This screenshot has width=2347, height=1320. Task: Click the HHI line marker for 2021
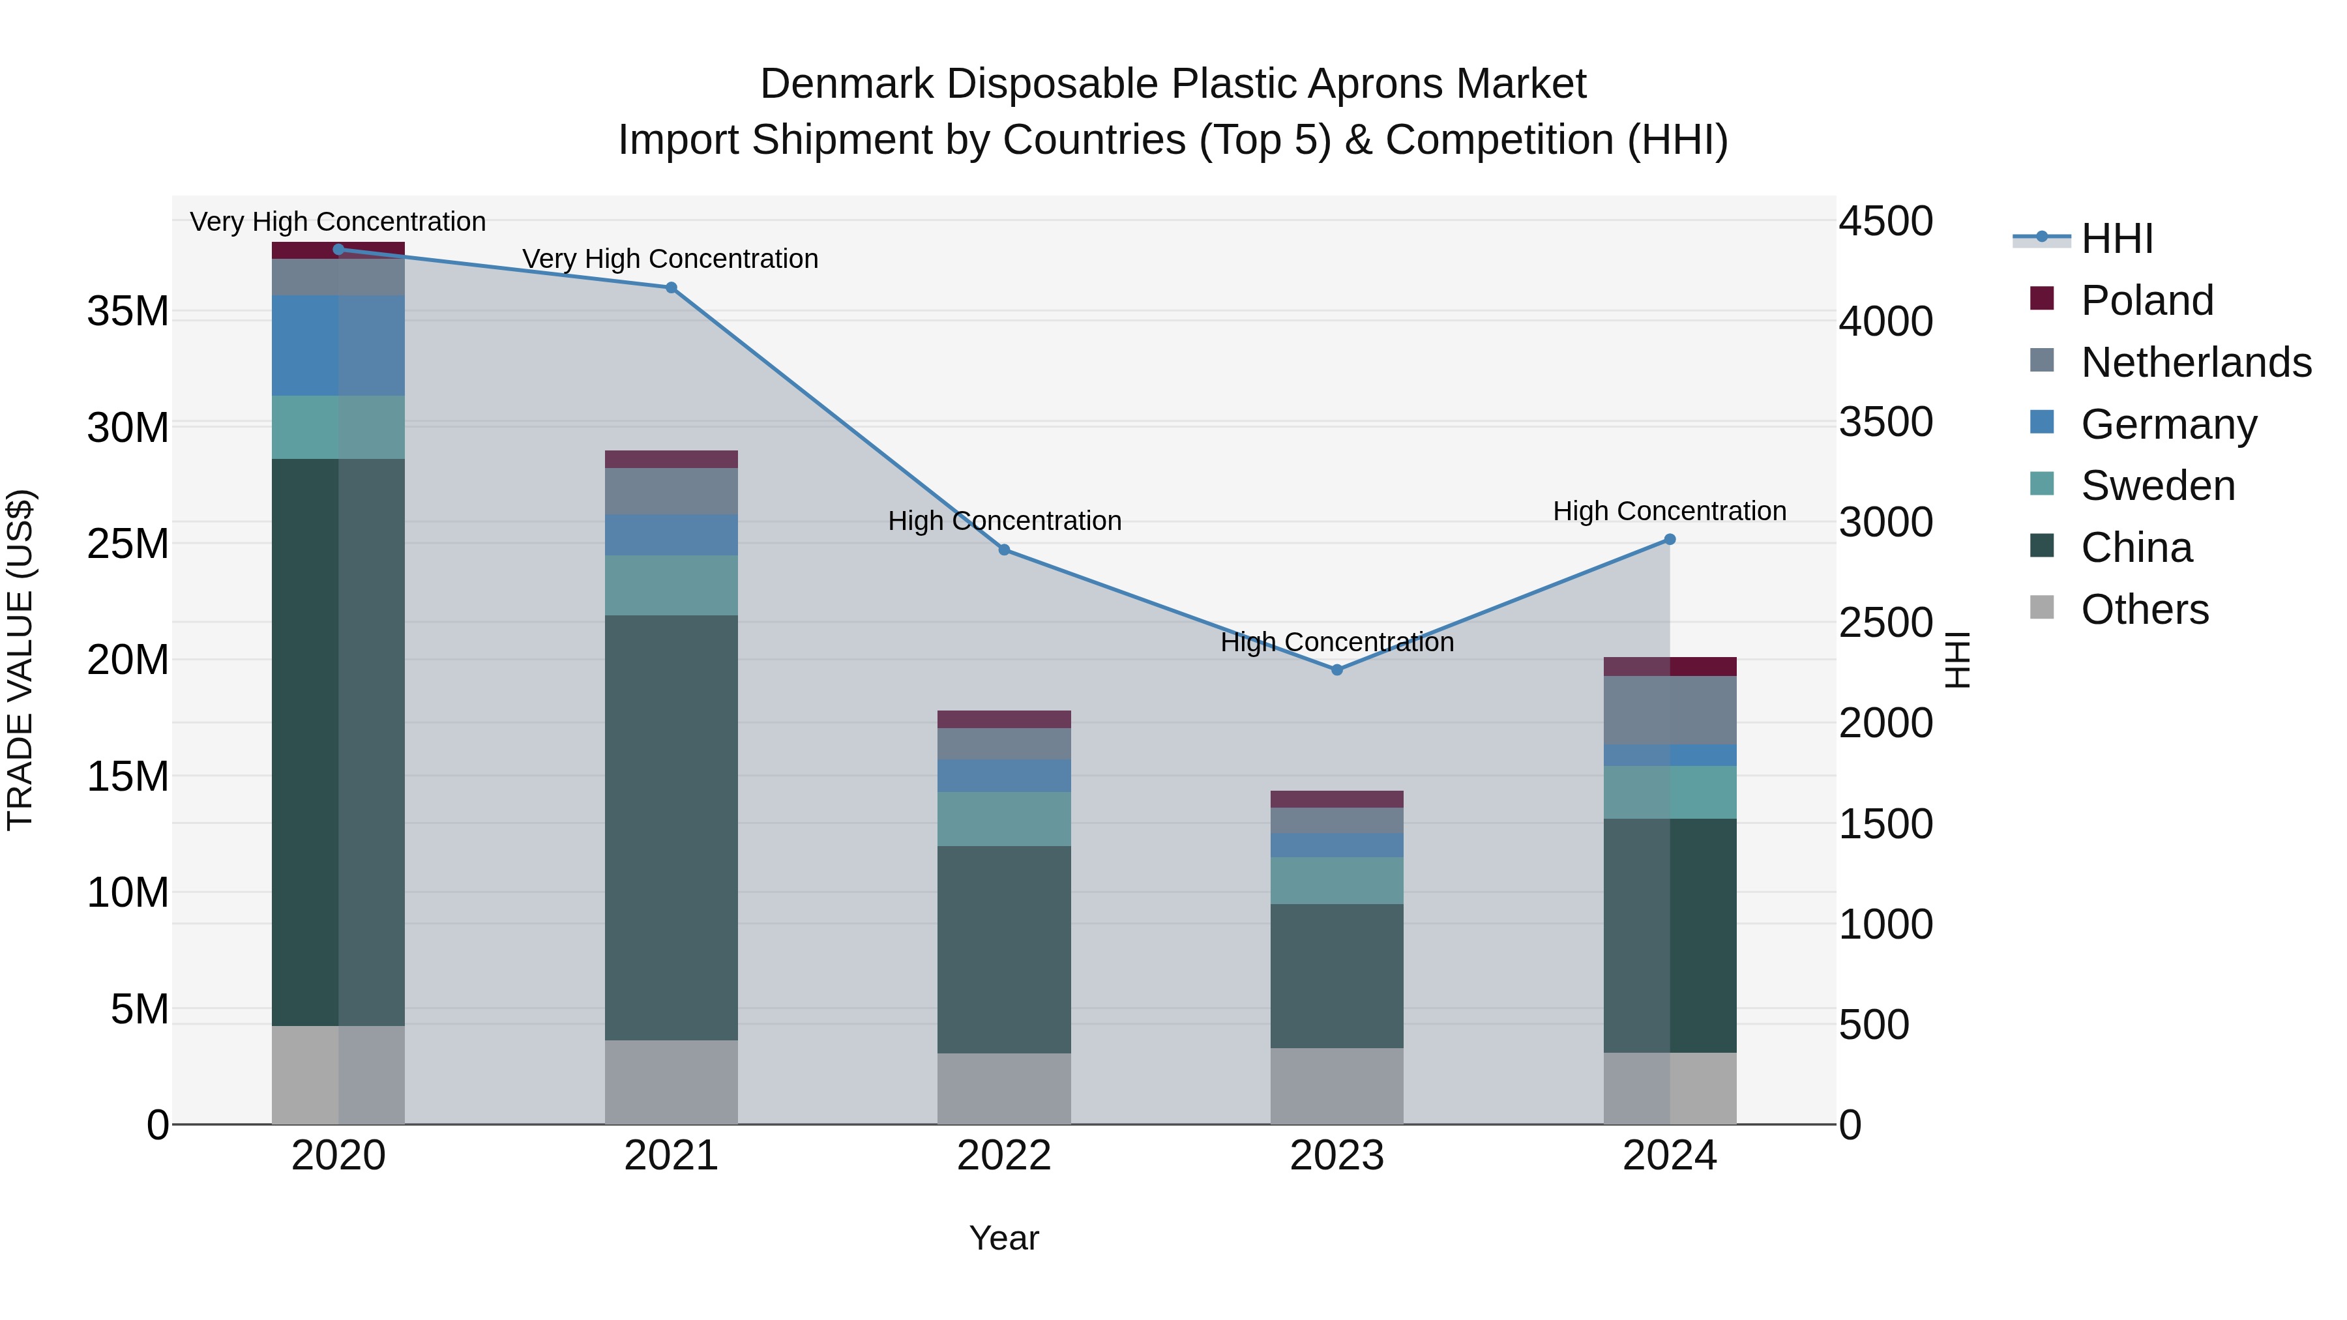coord(671,288)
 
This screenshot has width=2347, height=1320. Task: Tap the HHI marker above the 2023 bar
coord(1336,669)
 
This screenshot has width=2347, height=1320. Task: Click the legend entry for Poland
coord(2147,301)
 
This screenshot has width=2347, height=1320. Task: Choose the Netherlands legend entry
coord(2196,362)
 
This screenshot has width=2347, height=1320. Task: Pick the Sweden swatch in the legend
coord(2043,484)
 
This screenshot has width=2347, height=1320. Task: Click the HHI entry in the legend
coord(2116,239)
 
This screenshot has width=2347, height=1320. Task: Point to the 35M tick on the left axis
coord(128,312)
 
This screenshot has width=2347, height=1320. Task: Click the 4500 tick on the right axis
coord(1885,222)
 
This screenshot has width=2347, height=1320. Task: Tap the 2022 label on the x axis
coord(1003,1156)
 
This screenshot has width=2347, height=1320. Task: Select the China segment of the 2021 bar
coord(671,827)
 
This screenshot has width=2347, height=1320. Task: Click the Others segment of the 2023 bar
coord(1336,1086)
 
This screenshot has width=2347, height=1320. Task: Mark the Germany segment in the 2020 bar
coord(338,345)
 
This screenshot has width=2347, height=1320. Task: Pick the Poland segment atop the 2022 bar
coord(1003,719)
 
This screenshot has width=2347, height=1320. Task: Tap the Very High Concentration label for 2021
coord(671,259)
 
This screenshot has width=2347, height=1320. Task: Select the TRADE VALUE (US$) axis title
coord(20,660)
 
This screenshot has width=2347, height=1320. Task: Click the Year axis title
coord(1003,1238)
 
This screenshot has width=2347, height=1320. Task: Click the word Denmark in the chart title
coord(846,84)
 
